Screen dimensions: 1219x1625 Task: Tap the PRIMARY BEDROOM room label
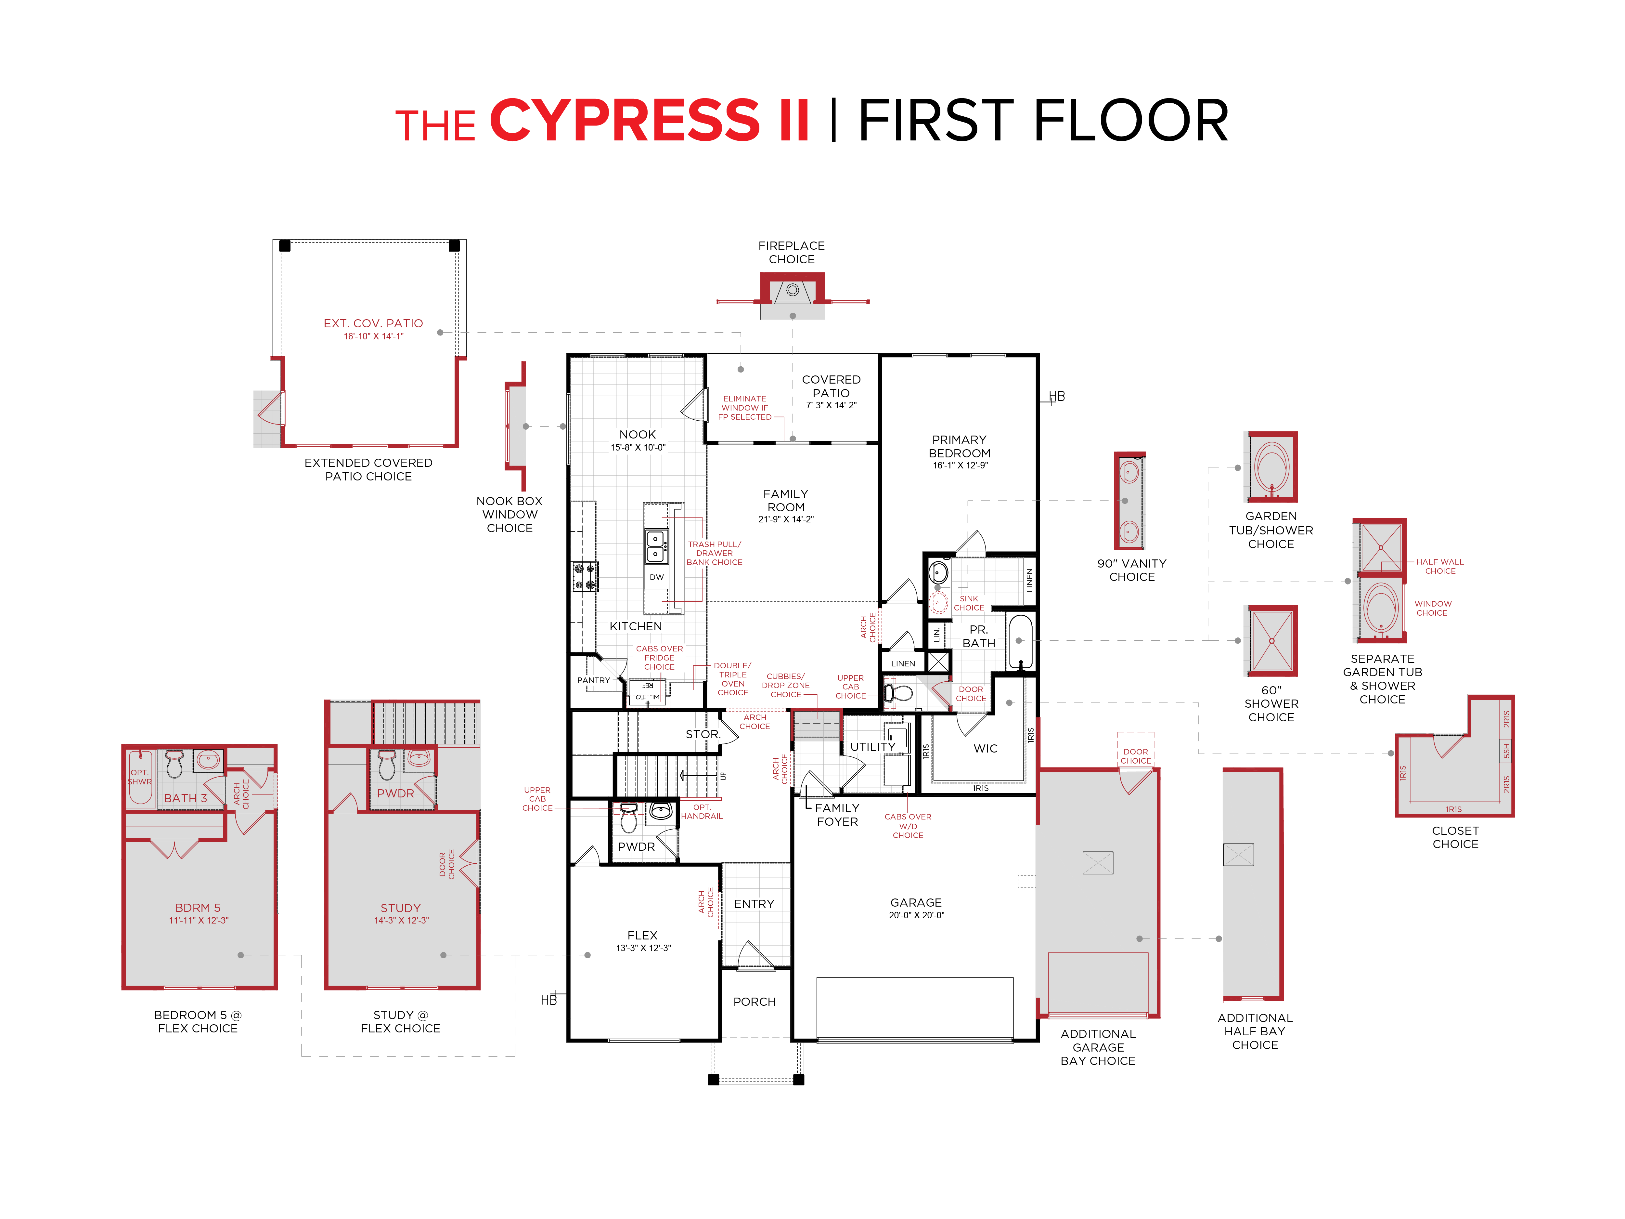[x=960, y=446]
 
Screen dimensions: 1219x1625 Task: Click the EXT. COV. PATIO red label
[x=373, y=323]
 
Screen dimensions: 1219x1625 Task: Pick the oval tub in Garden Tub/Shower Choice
[x=1272, y=466]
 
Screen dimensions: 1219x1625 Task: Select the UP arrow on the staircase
[x=698, y=775]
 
